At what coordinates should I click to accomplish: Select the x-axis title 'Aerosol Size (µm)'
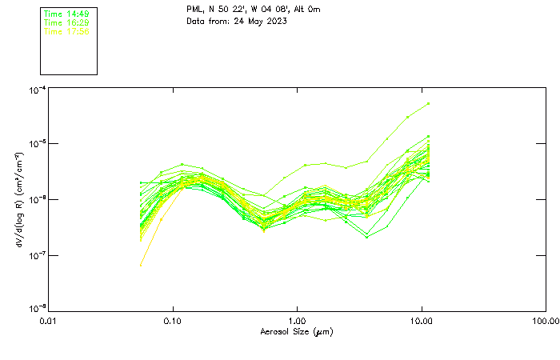(x=297, y=331)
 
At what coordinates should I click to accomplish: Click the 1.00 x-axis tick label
(x=297, y=320)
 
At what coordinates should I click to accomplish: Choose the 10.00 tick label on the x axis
(x=421, y=320)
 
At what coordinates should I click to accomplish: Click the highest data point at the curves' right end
(x=429, y=103)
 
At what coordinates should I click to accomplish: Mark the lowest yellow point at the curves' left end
(x=142, y=266)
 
